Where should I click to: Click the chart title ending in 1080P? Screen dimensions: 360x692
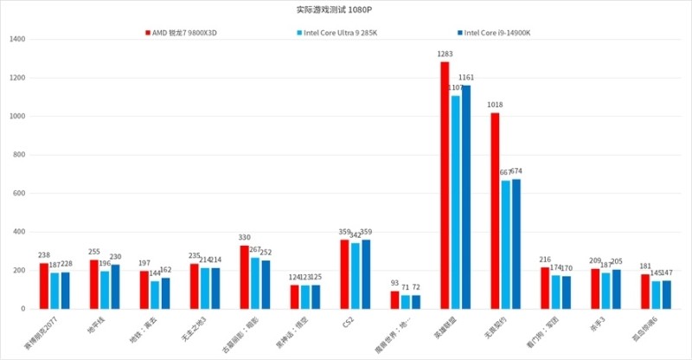pos(346,10)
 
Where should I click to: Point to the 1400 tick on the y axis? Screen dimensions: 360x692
pos(17,40)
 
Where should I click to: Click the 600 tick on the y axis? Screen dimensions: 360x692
pos(20,194)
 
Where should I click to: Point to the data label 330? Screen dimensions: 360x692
pos(245,237)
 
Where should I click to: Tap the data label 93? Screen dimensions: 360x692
pos(394,283)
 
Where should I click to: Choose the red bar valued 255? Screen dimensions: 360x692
pos(93,285)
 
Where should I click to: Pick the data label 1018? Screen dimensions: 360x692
pos(495,105)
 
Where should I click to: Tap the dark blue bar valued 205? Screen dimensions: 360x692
pos(617,289)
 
